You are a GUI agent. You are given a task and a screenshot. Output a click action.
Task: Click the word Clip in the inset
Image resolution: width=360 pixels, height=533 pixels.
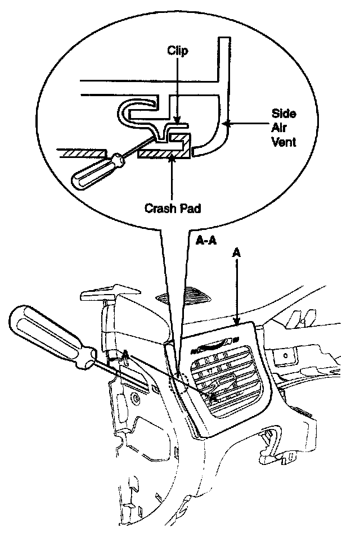(177, 51)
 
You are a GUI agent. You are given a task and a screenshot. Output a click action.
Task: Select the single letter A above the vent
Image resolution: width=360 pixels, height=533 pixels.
(237, 254)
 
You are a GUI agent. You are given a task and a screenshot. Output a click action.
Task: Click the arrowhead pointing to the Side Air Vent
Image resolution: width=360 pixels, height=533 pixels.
(223, 122)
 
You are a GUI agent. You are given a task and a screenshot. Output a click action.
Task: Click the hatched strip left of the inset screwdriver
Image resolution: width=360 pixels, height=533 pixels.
(82, 152)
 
